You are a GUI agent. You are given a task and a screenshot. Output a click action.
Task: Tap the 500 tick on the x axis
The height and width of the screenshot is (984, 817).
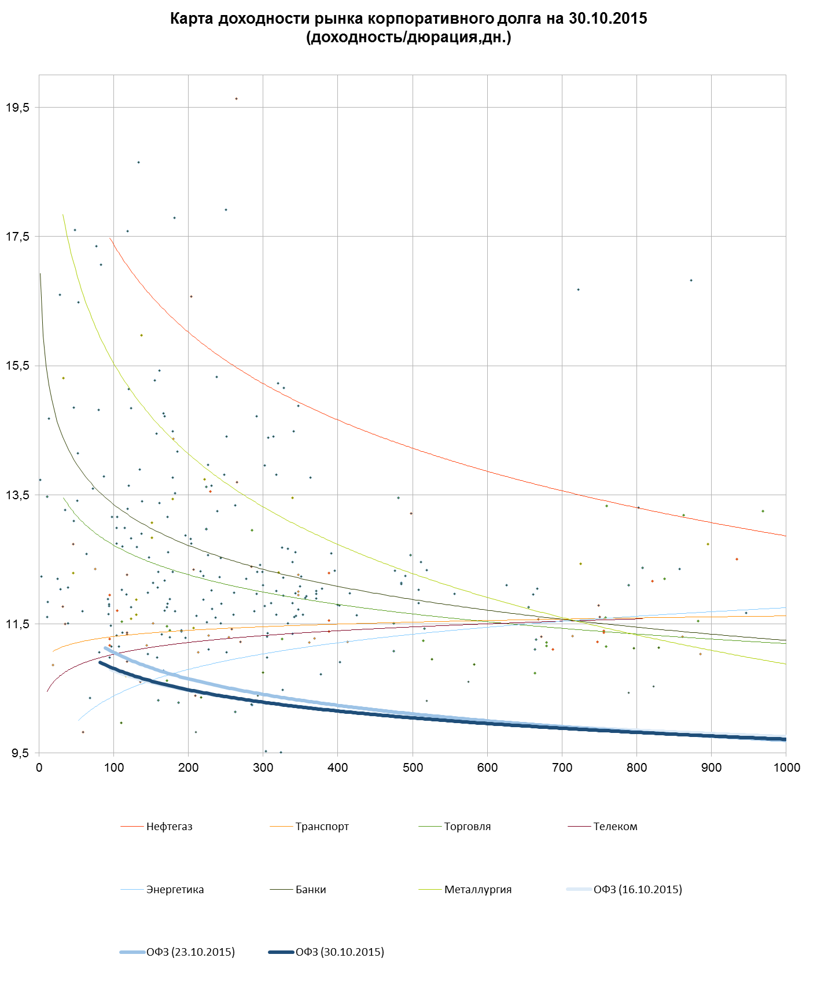tap(413, 768)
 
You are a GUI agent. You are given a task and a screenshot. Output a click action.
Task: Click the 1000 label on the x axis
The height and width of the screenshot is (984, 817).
tap(786, 768)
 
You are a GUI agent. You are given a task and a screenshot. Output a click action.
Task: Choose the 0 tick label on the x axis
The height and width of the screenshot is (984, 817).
tap(39, 768)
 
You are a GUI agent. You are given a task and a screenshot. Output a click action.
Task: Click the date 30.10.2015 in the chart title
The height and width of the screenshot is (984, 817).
tap(608, 19)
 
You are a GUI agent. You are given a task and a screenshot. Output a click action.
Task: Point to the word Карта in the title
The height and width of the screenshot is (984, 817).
tap(192, 19)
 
